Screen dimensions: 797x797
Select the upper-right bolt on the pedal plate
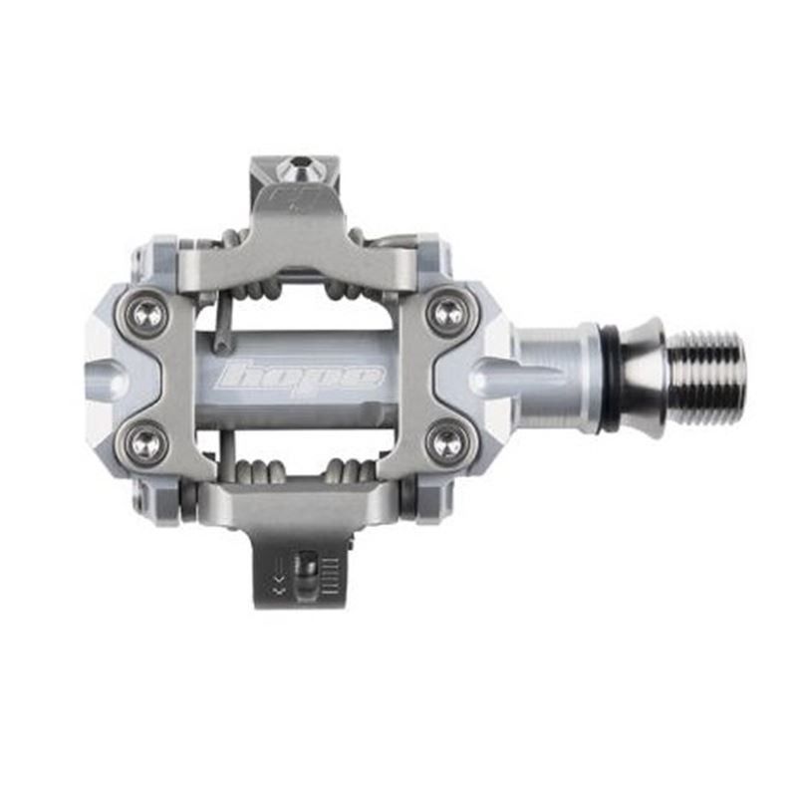click(445, 312)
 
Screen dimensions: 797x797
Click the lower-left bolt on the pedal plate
click(147, 441)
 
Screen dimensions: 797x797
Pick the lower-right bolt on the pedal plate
click(445, 441)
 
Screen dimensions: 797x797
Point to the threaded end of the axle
click(705, 377)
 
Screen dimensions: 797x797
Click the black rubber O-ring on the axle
click(608, 377)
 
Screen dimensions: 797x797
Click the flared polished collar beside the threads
click(643, 377)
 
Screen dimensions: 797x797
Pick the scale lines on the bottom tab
click(332, 575)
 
